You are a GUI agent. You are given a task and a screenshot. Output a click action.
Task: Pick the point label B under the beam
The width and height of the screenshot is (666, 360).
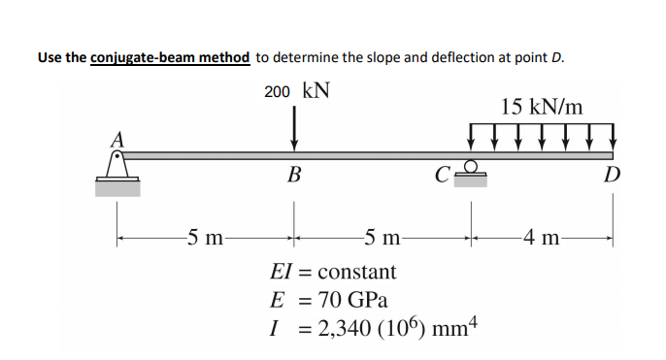[293, 176]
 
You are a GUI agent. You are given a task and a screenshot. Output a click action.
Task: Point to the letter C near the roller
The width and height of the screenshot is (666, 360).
[443, 177]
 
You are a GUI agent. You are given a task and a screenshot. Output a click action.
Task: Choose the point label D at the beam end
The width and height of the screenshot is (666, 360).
[613, 176]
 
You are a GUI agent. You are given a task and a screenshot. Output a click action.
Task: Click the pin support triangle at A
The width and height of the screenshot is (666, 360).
[117, 169]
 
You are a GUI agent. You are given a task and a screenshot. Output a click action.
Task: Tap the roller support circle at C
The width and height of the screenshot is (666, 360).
[472, 166]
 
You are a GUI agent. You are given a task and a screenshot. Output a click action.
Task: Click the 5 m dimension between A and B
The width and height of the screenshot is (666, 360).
[205, 236]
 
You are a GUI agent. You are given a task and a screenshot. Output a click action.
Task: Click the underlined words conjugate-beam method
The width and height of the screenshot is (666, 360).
[171, 56]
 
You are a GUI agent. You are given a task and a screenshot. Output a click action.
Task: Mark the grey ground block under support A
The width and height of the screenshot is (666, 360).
[117, 188]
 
